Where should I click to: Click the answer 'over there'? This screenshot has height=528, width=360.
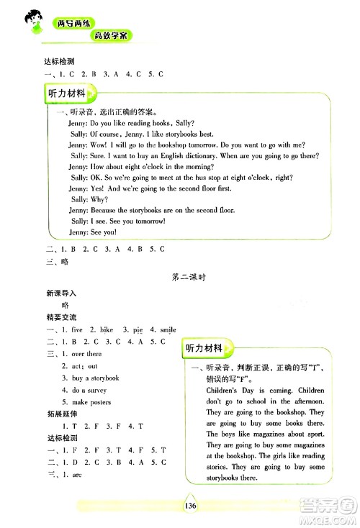click(x=86, y=354)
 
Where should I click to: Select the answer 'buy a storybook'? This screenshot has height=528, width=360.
click(x=95, y=378)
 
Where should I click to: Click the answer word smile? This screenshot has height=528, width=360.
click(x=166, y=329)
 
